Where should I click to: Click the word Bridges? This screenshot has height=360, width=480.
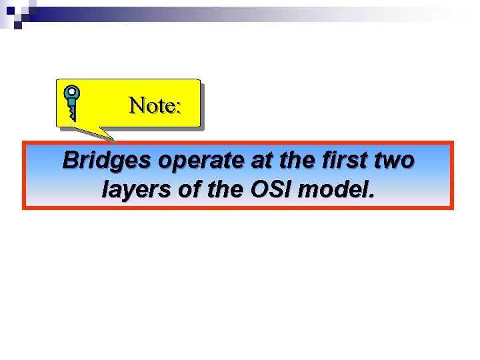[x=103, y=161]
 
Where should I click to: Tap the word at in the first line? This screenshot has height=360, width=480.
[x=256, y=161]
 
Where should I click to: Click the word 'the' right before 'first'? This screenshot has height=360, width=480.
[x=291, y=161]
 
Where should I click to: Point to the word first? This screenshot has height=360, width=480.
[x=339, y=161]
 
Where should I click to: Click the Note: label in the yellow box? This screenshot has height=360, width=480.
[x=155, y=105]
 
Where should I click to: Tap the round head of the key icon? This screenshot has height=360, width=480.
[x=71, y=93]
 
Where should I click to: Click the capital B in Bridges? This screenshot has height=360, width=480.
[x=70, y=161]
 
